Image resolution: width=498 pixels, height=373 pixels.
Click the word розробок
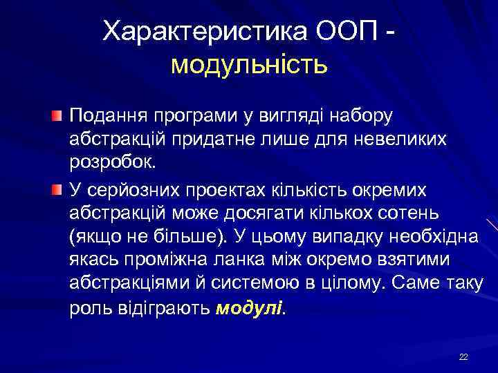click(x=113, y=164)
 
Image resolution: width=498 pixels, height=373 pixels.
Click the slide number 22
click(x=463, y=356)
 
